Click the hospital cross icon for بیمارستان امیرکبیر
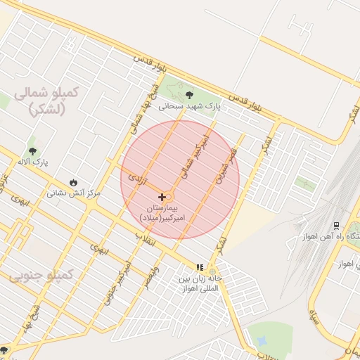[x=162, y=197]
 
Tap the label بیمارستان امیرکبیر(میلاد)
[x=162, y=214]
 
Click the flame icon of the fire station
[x=74, y=181]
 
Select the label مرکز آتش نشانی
[x=74, y=192]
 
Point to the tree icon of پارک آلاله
[x=32, y=150]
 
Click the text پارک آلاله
[x=32, y=162]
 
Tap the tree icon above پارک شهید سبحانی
[x=188, y=95]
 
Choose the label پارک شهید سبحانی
[x=188, y=106]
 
